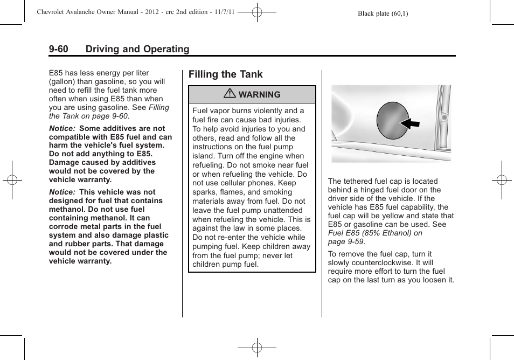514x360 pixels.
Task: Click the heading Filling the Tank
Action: tap(226, 74)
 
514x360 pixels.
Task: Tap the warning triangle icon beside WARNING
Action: tap(230, 94)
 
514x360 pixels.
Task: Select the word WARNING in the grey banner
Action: tap(259, 95)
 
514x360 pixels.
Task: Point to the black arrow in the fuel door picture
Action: tap(410, 124)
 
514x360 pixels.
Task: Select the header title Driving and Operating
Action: tap(137, 49)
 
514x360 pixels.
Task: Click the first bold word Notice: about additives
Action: tap(61, 128)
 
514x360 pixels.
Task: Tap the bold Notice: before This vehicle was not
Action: tap(61, 192)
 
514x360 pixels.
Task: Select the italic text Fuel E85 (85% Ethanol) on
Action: tap(375, 233)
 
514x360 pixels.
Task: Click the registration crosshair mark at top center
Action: tap(257, 11)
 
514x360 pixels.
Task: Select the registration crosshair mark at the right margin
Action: tap(501, 180)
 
